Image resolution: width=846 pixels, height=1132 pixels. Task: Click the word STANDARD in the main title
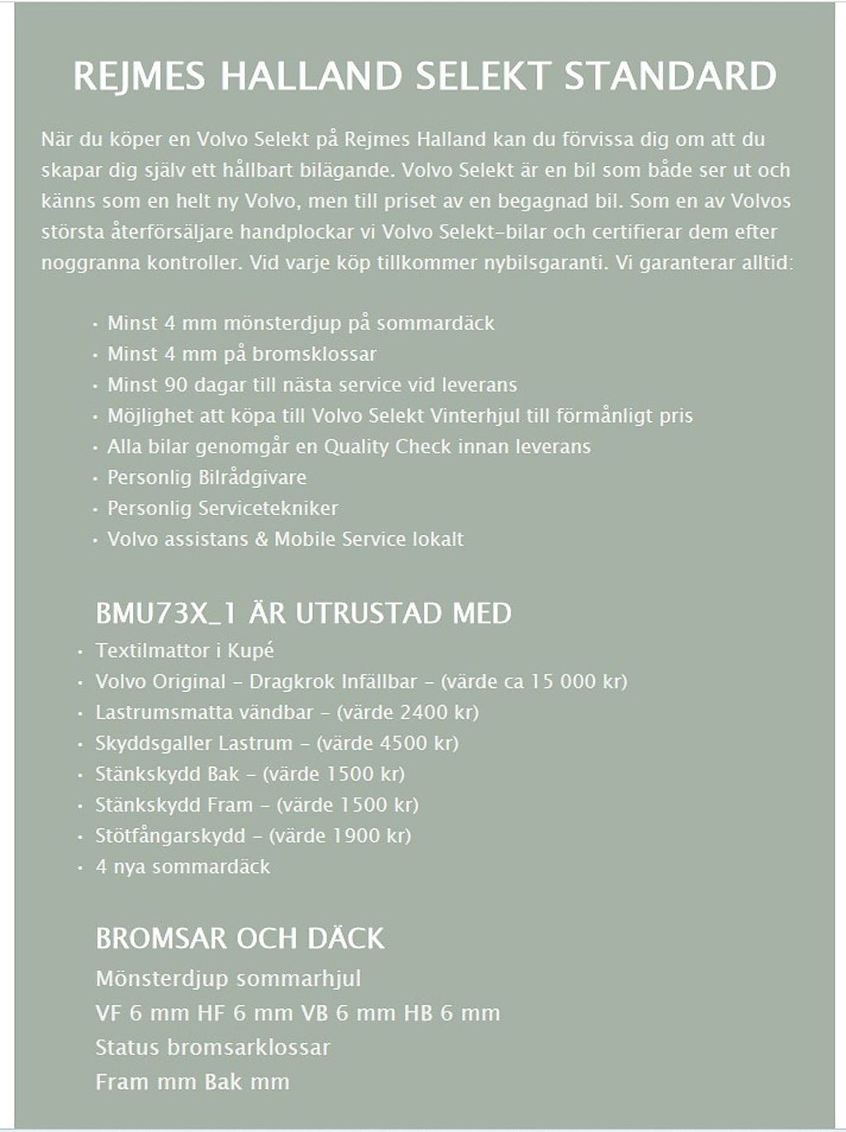pyautogui.click(x=670, y=76)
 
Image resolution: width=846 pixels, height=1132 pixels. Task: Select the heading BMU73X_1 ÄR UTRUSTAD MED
pyautogui.click(x=303, y=613)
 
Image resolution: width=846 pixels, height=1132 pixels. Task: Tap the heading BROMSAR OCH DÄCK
pyautogui.click(x=240, y=939)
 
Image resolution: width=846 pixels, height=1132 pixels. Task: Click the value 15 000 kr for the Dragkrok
pyautogui.click(x=577, y=682)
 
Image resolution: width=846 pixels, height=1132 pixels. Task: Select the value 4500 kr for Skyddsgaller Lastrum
pyautogui.click(x=416, y=743)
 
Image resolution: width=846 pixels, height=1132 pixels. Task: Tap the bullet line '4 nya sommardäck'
pyautogui.click(x=183, y=867)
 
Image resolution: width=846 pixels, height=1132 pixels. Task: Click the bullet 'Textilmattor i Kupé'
pyautogui.click(x=184, y=651)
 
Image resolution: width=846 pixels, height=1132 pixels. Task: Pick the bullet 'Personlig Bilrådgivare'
pyautogui.click(x=207, y=477)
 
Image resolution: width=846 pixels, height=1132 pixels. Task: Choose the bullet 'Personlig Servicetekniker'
pyautogui.click(x=222, y=509)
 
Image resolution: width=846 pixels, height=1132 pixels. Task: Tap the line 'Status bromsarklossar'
pyautogui.click(x=212, y=1048)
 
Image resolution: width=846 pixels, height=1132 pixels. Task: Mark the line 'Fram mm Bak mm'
pyautogui.click(x=192, y=1082)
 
